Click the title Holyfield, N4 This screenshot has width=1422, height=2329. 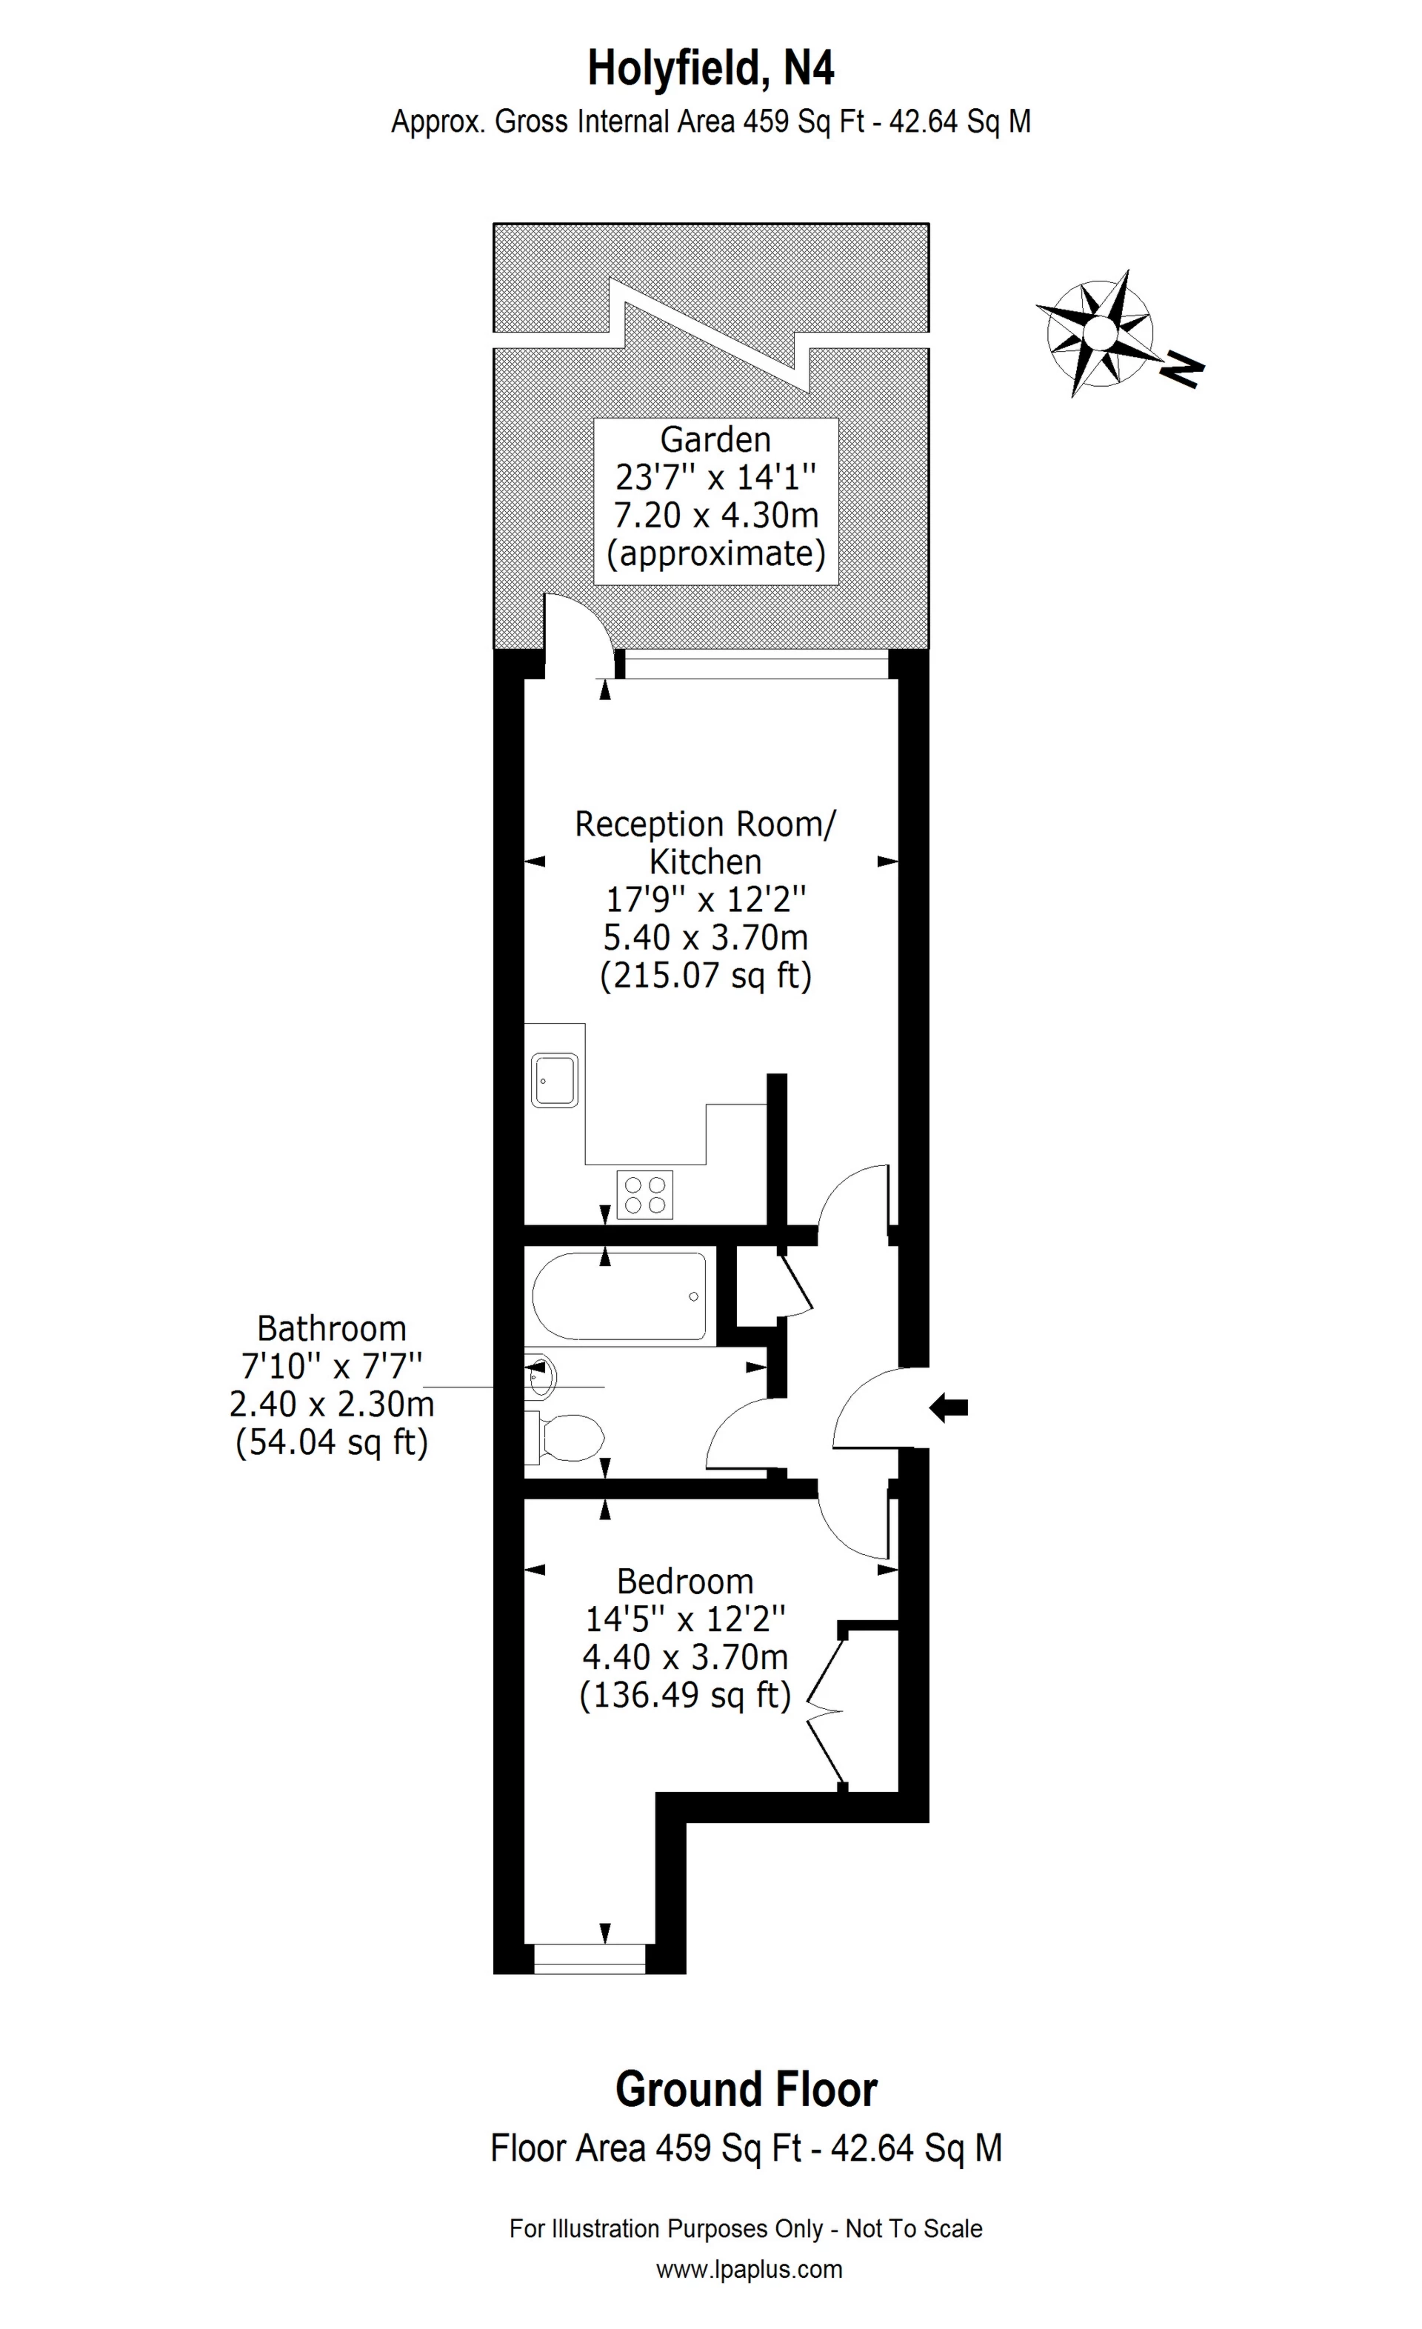click(x=710, y=69)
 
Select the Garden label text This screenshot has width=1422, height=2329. click(x=715, y=439)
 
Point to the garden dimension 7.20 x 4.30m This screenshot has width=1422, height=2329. click(x=715, y=515)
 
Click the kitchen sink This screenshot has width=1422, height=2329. click(x=555, y=1080)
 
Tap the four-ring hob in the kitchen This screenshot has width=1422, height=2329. click(x=645, y=1194)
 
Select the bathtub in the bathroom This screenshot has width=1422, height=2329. click(x=619, y=1296)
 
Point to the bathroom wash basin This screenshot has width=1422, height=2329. click(x=542, y=1377)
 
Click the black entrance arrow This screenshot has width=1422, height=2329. click(x=949, y=1408)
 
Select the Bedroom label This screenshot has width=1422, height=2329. click(x=685, y=1582)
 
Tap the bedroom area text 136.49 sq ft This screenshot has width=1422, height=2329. click(x=685, y=1695)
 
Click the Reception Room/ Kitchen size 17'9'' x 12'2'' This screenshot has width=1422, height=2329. click(x=706, y=899)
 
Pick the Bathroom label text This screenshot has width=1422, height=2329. click(x=332, y=1329)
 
